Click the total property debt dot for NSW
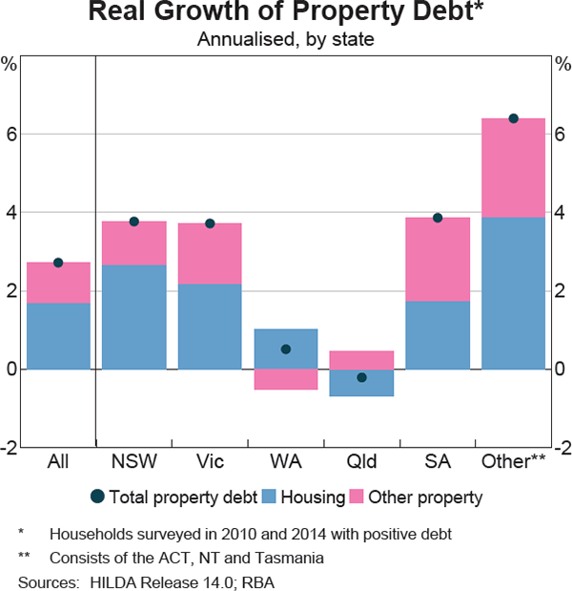pos(134,222)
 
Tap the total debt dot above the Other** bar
pos(513,118)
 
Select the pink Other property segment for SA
pos(438,260)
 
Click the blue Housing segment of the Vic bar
pos(210,326)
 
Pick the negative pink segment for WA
pos(286,379)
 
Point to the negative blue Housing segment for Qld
pos(361,383)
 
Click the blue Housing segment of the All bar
pos(58,335)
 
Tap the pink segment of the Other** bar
pos(513,168)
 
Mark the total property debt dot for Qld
pos(361,378)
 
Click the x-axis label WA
pos(286,462)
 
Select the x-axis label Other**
pos(515,462)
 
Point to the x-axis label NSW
pos(134,462)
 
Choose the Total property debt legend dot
pos(96,496)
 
